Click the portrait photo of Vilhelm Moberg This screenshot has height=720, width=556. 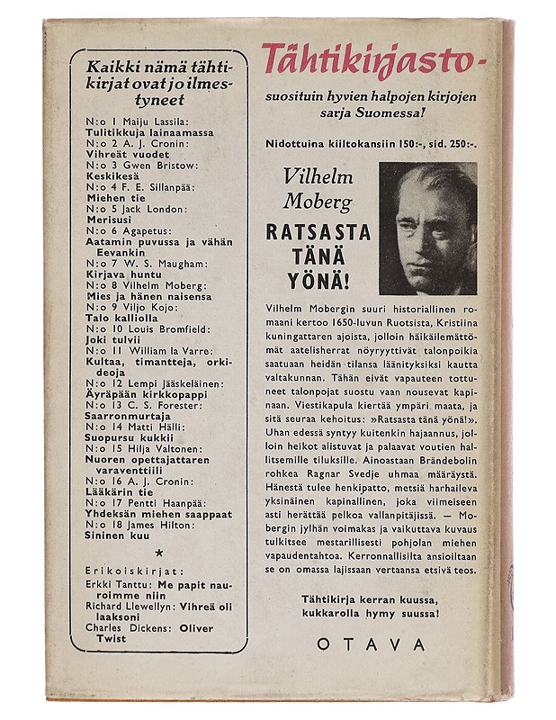pos(427,229)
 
